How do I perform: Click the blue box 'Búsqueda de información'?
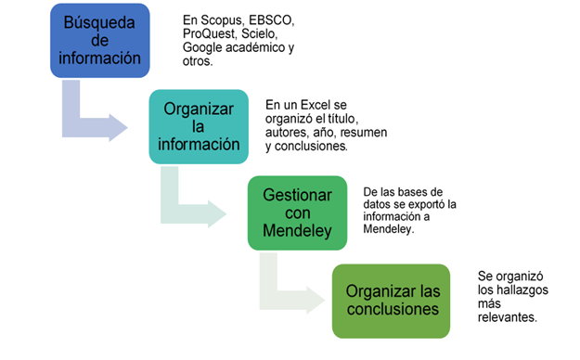point(100,39)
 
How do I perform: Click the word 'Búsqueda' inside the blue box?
point(99,20)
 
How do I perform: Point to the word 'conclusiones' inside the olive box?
point(392,309)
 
